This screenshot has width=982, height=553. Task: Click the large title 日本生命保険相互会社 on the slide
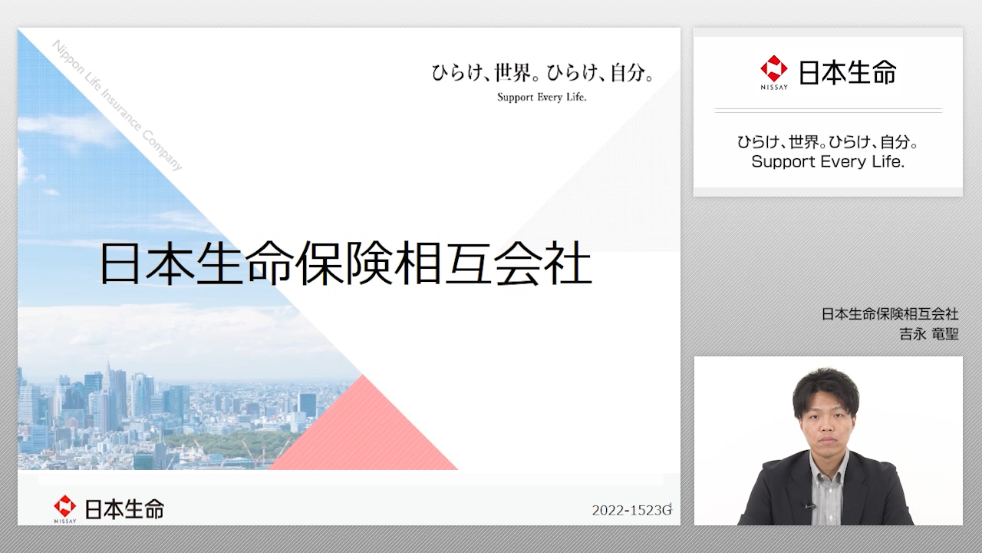pyautogui.click(x=346, y=263)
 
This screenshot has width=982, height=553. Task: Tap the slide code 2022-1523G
pyautogui.click(x=631, y=510)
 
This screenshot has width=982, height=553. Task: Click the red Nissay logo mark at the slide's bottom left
pyautogui.click(x=65, y=506)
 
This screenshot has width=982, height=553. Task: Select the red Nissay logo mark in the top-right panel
pyautogui.click(x=774, y=69)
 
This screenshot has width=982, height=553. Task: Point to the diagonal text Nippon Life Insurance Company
pyautogui.click(x=117, y=105)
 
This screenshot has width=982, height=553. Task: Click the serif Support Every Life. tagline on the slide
pyautogui.click(x=542, y=97)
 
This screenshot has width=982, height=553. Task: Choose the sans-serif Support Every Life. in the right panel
pyautogui.click(x=828, y=161)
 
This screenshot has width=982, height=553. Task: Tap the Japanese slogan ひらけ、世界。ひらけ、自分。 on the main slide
pyautogui.click(x=542, y=72)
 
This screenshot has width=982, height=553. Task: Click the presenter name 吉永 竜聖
pyautogui.click(x=929, y=334)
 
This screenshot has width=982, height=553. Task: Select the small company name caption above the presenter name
pyautogui.click(x=890, y=314)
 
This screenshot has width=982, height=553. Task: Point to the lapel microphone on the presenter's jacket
pyautogui.click(x=809, y=506)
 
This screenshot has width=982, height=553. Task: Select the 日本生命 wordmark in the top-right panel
pyautogui.click(x=848, y=72)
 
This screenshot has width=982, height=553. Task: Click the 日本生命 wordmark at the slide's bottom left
pyautogui.click(x=124, y=509)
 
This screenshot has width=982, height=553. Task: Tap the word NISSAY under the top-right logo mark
pyautogui.click(x=774, y=88)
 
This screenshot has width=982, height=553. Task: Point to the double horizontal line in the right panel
pyautogui.click(x=828, y=111)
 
